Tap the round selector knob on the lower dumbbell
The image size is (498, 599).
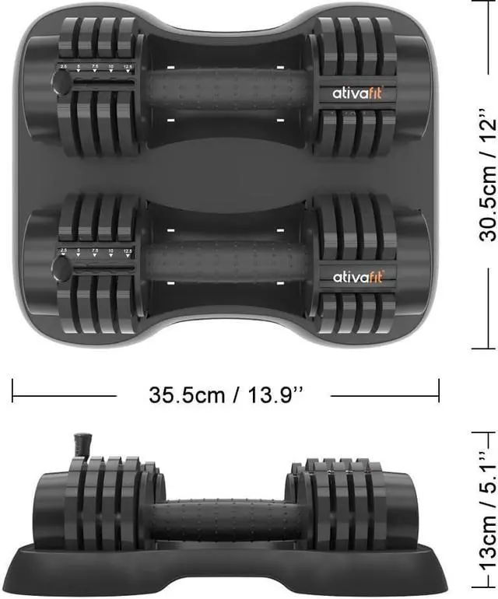tap(61, 266)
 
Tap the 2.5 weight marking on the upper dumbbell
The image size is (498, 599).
tap(62, 68)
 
